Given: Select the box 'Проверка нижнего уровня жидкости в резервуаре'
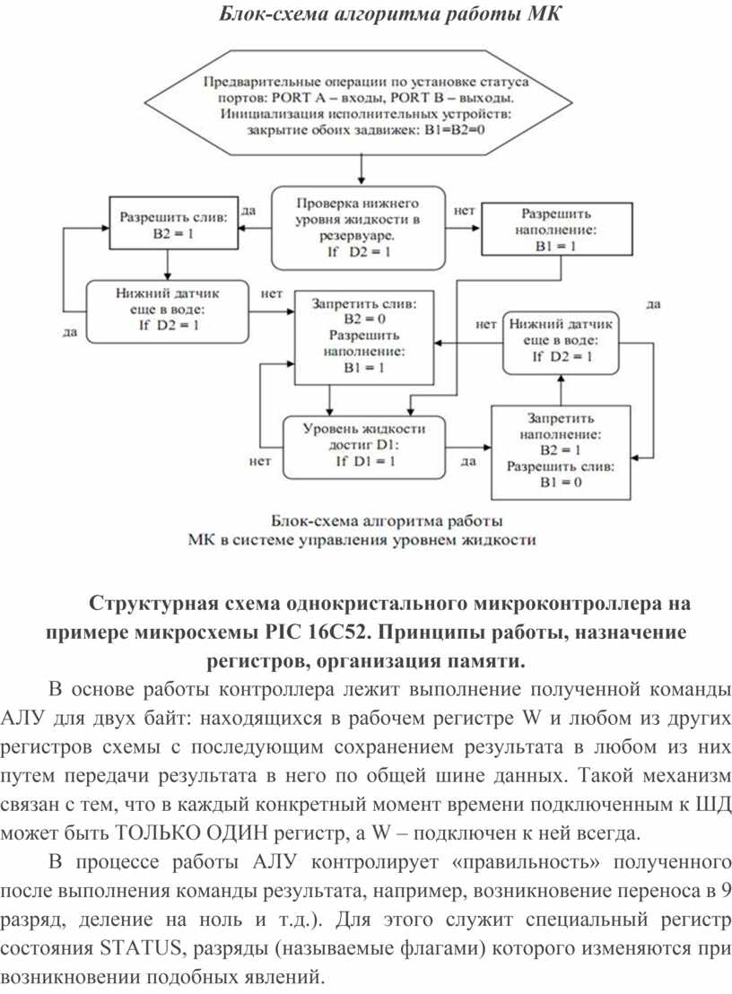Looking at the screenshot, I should pos(358,228).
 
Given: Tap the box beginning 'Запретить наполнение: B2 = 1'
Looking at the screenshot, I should pos(561,450).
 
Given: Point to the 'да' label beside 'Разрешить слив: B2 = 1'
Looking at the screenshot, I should pos(248,212).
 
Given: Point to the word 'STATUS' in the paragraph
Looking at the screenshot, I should pos(132,949).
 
